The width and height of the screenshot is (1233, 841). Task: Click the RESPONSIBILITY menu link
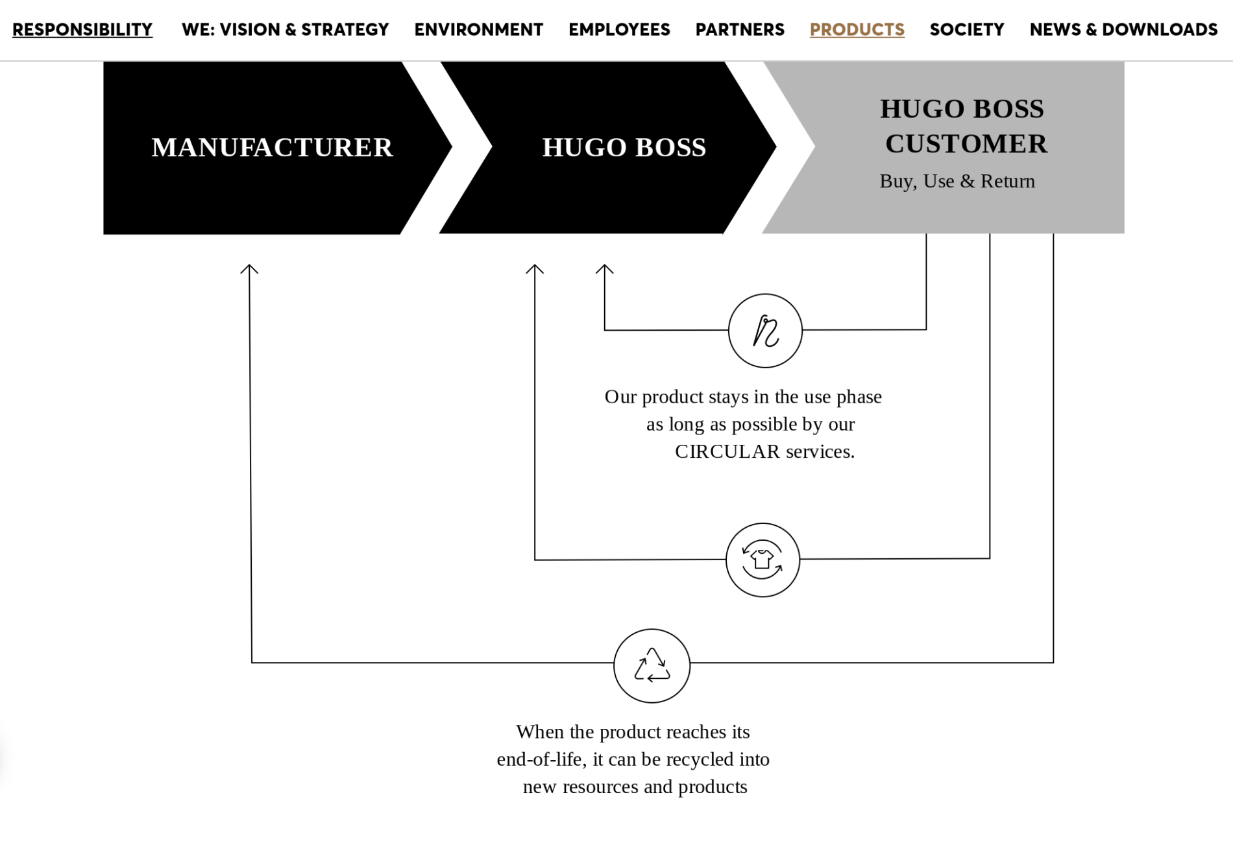click(x=82, y=30)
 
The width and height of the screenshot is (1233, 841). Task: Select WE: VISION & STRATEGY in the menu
click(x=285, y=30)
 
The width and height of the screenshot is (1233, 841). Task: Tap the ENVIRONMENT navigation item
click(x=478, y=30)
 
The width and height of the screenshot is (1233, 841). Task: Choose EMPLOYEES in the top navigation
click(x=619, y=30)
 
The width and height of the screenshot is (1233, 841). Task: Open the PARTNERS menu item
click(x=740, y=30)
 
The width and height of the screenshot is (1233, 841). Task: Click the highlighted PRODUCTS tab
click(x=857, y=30)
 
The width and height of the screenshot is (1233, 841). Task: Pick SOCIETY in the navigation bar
click(x=966, y=30)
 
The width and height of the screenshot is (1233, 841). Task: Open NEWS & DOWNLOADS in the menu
click(x=1123, y=30)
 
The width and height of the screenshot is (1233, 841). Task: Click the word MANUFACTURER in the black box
click(x=272, y=148)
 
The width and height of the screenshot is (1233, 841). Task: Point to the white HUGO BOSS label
click(x=624, y=148)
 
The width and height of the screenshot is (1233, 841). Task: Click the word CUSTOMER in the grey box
click(x=966, y=144)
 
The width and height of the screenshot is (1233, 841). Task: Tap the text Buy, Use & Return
click(x=957, y=182)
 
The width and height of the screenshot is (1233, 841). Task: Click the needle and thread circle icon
click(x=765, y=331)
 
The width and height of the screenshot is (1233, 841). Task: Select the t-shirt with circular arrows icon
click(x=763, y=560)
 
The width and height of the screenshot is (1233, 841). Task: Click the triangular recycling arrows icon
click(x=652, y=665)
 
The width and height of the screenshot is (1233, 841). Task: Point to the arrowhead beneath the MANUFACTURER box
click(x=249, y=268)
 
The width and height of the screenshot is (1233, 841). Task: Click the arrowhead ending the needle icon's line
click(x=604, y=268)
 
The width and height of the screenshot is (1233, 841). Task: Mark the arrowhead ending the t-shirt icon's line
click(x=535, y=268)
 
